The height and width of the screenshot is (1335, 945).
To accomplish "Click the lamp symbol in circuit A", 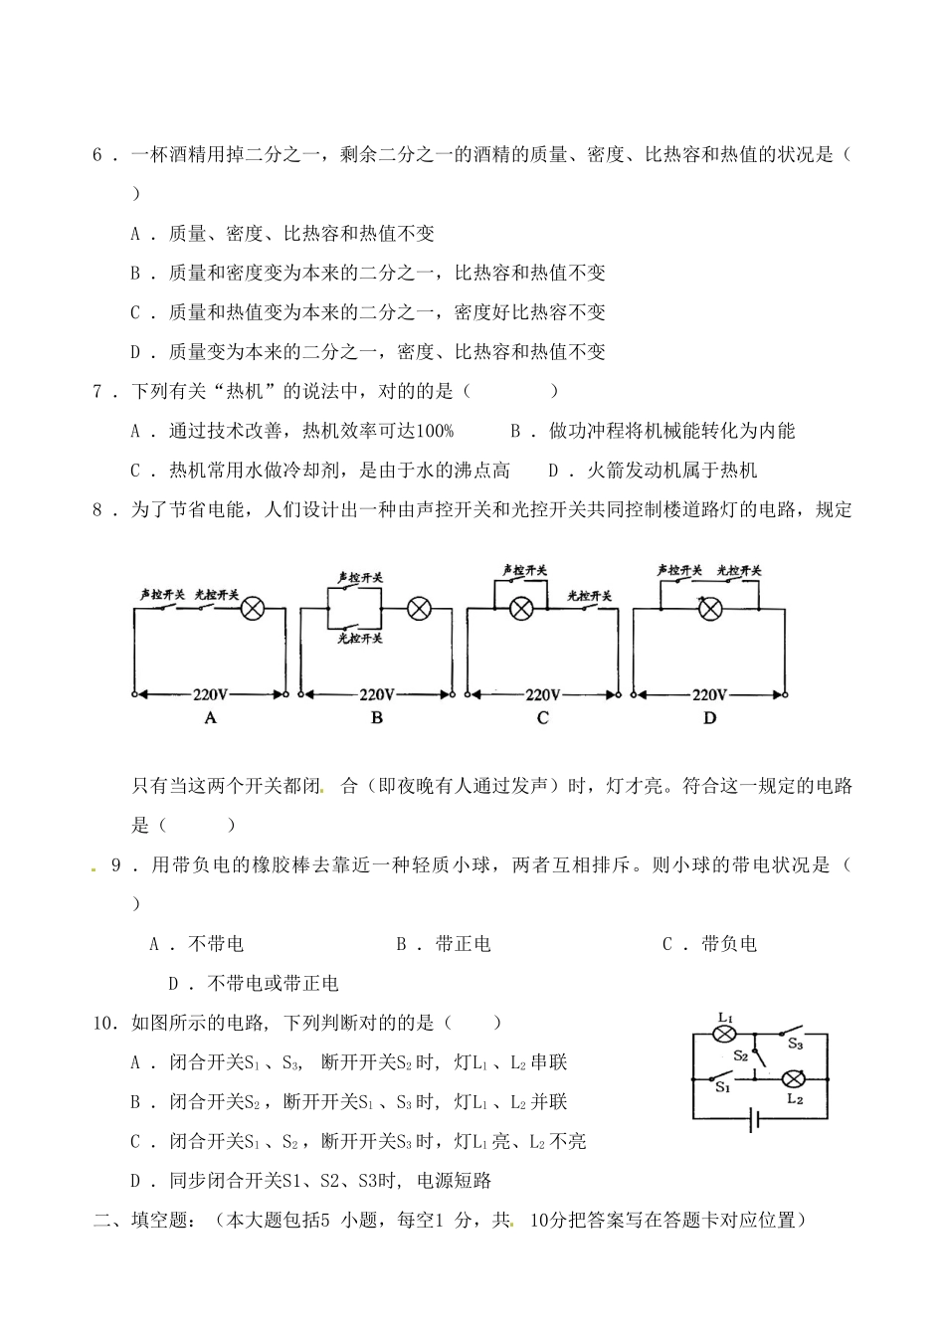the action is [x=254, y=609].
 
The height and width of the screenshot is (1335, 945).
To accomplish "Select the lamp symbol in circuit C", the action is [x=519, y=609].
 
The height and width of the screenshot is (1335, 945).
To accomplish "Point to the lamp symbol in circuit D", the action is [x=708, y=609].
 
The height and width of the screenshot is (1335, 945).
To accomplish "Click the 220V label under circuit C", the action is [x=543, y=694].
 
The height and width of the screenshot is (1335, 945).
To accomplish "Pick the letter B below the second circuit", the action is [x=376, y=718].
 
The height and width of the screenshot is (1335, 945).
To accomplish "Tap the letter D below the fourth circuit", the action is [x=709, y=718].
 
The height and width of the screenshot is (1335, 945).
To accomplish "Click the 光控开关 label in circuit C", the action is [x=589, y=596].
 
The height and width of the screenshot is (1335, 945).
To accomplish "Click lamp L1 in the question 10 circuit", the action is [x=724, y=1036].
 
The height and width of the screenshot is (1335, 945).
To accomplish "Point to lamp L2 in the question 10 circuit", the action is [x=794, y=1079].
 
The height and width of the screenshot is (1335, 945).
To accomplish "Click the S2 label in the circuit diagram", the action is [x=740, y=1055].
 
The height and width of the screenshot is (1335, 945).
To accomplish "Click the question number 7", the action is [x=98, y=391].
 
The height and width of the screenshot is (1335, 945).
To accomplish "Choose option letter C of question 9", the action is [x=667, y=944].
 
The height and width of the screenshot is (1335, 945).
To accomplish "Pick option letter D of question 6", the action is [x=136, y=351].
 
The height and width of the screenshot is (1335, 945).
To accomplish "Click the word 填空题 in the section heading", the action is [x=157, y=1220].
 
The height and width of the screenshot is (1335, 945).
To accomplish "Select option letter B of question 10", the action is [x=136, y=1102].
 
